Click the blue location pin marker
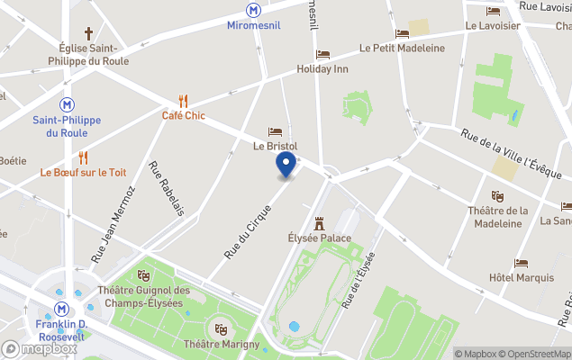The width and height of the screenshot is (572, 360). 286,166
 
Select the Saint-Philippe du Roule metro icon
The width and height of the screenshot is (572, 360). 67,104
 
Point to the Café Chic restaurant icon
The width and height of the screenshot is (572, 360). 184,100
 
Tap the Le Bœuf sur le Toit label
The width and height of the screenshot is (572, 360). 82,172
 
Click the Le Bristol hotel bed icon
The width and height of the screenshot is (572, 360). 275,131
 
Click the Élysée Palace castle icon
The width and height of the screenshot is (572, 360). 318,223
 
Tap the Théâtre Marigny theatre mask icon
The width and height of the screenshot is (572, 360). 221,329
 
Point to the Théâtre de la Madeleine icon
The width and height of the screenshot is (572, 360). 497,195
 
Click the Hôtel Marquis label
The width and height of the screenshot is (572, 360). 522,277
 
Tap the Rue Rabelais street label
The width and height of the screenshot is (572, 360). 167,188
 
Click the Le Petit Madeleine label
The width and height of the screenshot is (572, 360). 402,48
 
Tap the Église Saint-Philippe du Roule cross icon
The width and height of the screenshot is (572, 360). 89,32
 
